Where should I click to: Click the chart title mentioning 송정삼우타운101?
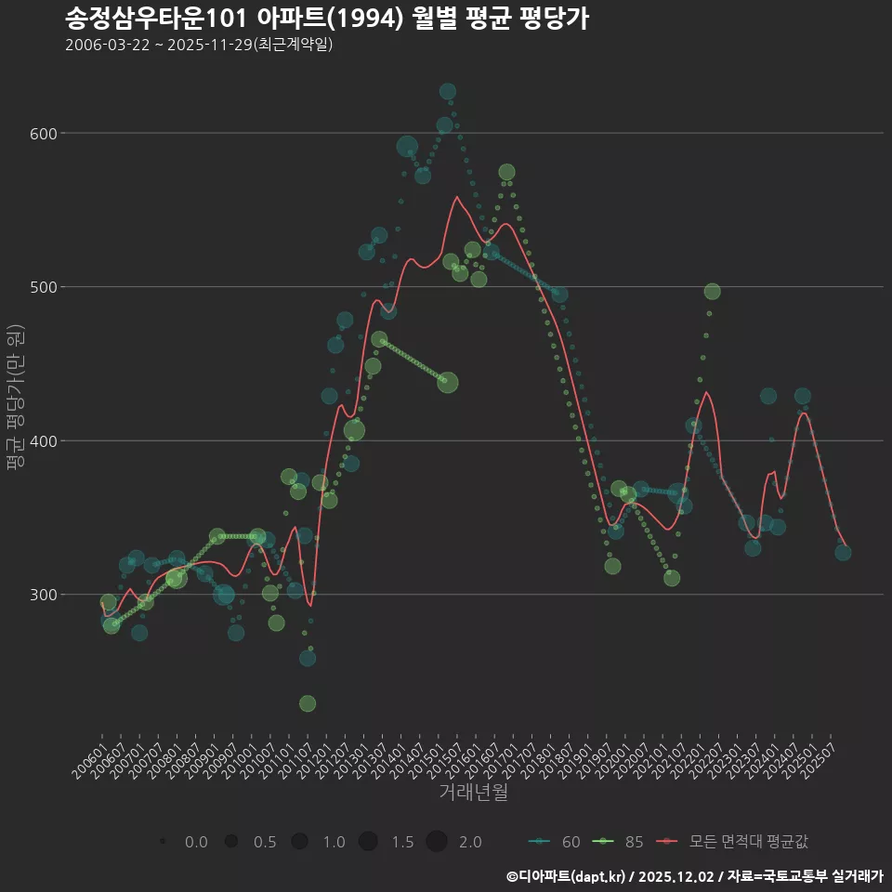[326, 19]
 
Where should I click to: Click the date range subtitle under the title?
[199, 45]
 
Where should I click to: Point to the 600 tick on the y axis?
[45, 134]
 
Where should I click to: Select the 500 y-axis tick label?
[45, 287]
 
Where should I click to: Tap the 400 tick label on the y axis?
[45, 441]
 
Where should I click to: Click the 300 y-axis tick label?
[45, 595]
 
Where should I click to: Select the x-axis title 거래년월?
[473, 793]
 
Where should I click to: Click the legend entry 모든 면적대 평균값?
[734, 842]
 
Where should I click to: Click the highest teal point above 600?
[448, 92]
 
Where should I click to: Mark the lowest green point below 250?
[308, 703]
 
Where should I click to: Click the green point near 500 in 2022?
[712, 292]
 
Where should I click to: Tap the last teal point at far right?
[843, 552]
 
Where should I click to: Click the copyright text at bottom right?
[694, 875]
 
